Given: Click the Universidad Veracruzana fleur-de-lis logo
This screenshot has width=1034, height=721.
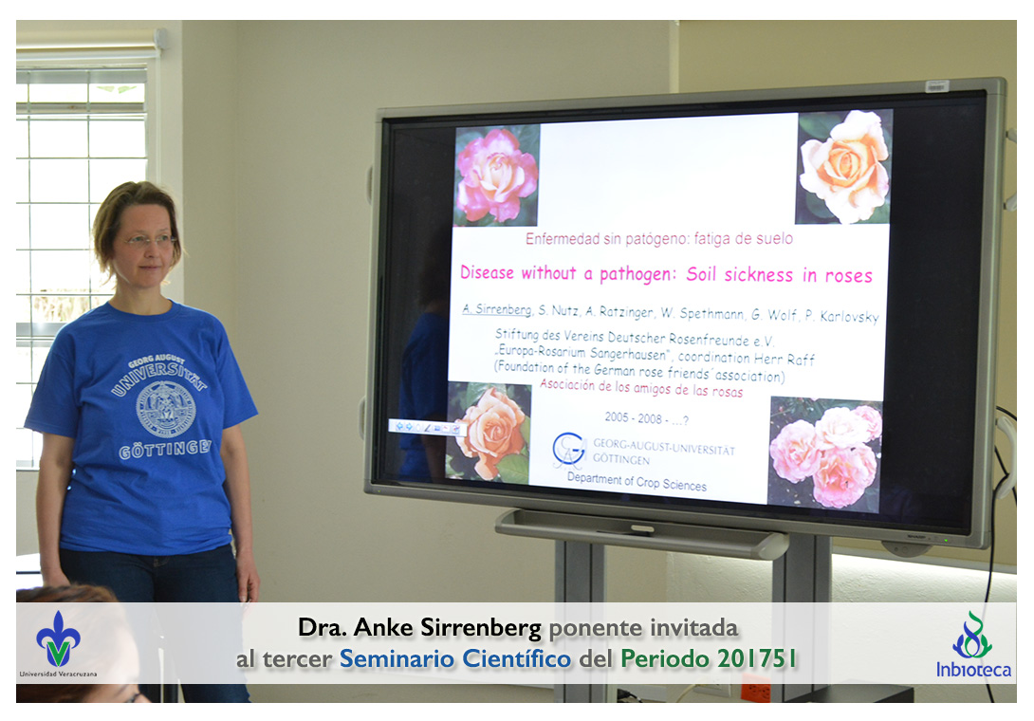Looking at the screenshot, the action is tap(58, 638).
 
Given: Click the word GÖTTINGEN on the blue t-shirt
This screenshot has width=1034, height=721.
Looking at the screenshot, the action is tap(165, 450).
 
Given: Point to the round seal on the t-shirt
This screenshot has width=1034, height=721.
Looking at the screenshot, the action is tap(165, 409).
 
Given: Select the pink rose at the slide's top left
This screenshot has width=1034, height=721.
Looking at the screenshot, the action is tap(497, 176).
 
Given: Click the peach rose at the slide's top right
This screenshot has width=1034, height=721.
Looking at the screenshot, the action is tap(844, 167).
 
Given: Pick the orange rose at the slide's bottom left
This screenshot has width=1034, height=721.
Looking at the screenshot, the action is tap(489, 432).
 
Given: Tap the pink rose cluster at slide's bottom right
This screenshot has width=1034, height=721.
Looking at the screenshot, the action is tap(825, 454).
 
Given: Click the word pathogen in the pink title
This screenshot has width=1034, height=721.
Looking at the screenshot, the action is tap(637, 274).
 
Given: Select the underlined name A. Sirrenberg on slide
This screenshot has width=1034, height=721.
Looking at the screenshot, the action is tap(496, 308).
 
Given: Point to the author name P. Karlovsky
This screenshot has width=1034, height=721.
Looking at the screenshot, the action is tap(842, 316).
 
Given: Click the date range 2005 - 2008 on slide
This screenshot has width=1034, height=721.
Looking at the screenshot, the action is tap(633, 417).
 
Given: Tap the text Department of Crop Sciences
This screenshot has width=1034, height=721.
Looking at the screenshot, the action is tap(637, 482).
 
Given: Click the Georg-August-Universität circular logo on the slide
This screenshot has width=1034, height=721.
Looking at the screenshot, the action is tap(568, 450).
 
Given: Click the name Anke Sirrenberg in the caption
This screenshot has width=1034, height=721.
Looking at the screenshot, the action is tap(447, 627).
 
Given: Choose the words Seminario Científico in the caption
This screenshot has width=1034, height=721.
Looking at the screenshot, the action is tap(455, 658).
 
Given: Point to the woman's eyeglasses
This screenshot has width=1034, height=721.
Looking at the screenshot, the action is tap(150, 240).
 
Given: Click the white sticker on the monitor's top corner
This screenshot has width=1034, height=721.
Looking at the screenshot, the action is tap(936, 85).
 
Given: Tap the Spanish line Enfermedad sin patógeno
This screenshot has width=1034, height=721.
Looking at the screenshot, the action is tap(658, 239).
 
